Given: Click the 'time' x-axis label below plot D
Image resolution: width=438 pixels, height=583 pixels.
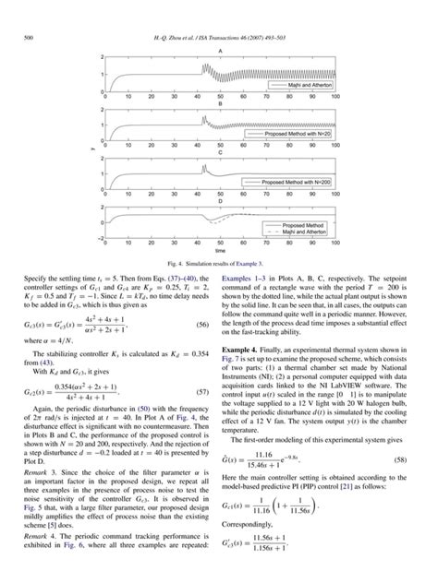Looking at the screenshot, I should coord(219,251).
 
